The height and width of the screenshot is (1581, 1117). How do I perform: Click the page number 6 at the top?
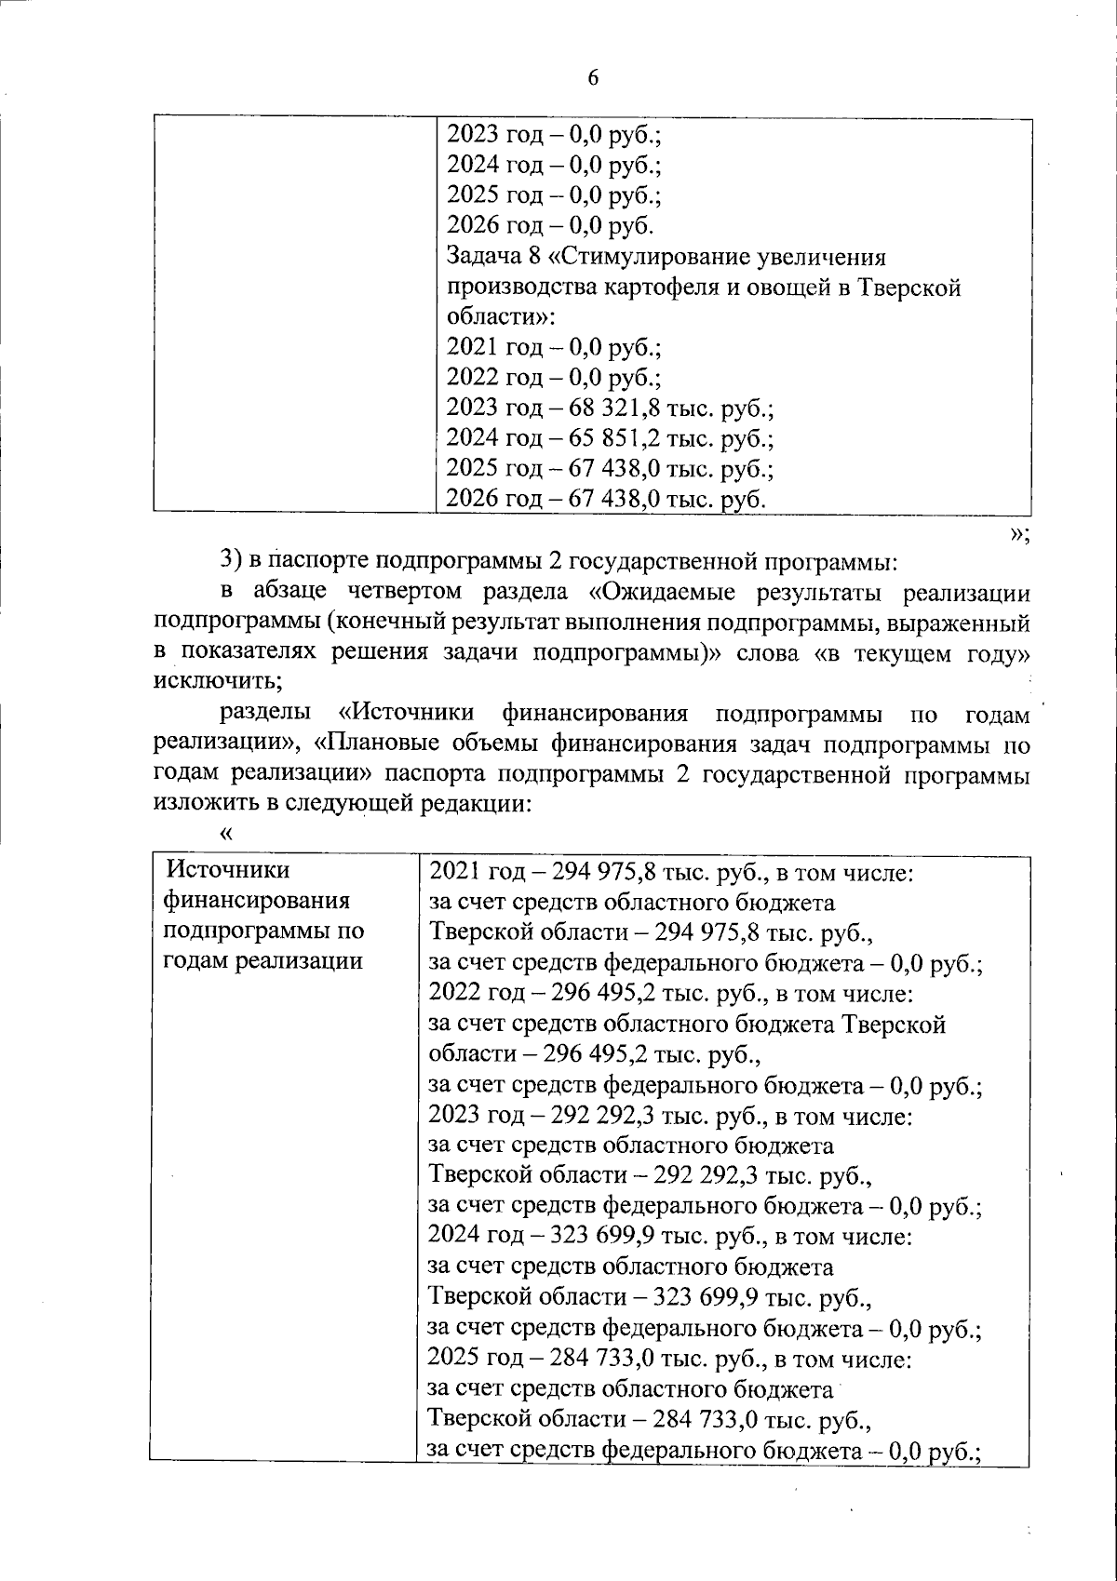pyautogui.click(x=593, y=78)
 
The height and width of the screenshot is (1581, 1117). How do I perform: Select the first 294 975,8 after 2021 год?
pyautogui.click(x=606, y=873)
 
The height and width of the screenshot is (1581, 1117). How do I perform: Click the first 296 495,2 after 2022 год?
pyautogui.click(x=606, y=994)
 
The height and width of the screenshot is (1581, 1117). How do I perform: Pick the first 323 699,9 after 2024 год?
pyautogui.click(x=606, y=1237)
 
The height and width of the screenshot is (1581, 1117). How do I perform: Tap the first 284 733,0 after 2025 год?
pyautogui.click(x=606, y=1360)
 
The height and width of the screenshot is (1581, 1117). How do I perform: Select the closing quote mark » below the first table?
pyautogui.click(x=1019, y=533)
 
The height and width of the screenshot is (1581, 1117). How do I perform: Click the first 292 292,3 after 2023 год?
pyautogui.click(x=606, y=1115)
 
